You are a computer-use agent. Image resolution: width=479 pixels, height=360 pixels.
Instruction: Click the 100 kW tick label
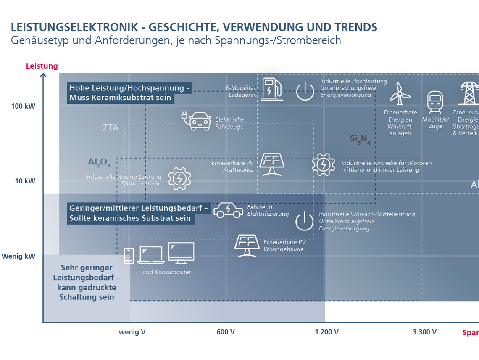coord(24,106)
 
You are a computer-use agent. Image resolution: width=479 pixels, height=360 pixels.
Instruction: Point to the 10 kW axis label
coord(25,181)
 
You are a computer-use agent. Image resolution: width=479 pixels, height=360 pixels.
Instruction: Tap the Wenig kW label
coord(18,256)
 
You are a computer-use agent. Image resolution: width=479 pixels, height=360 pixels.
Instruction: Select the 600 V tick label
coord(226,332)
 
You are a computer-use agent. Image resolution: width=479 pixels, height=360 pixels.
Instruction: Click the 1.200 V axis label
coord(327,332)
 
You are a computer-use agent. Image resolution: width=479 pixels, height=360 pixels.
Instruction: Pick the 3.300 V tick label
coord(424,332)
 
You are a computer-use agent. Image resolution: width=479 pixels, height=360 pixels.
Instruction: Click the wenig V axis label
coord(132,332)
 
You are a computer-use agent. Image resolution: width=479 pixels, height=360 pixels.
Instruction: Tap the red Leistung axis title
coord(42,66)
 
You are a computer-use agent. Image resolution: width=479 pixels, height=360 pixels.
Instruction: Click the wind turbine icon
coord(400,93)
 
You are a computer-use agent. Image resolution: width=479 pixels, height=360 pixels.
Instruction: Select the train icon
coord(435,101)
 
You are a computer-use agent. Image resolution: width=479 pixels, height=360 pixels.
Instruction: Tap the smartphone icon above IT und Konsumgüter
coord(129,256)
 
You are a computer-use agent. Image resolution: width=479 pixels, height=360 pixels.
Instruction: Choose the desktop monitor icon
coord(181,253)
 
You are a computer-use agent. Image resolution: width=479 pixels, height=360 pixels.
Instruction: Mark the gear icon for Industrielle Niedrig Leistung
coord(179,178)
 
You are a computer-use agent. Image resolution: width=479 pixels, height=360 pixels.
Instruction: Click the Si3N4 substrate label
coord(360,139)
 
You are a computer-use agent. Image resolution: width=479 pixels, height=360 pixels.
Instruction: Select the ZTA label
coord(111,127)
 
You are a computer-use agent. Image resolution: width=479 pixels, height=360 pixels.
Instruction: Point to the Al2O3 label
coord(99,162)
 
